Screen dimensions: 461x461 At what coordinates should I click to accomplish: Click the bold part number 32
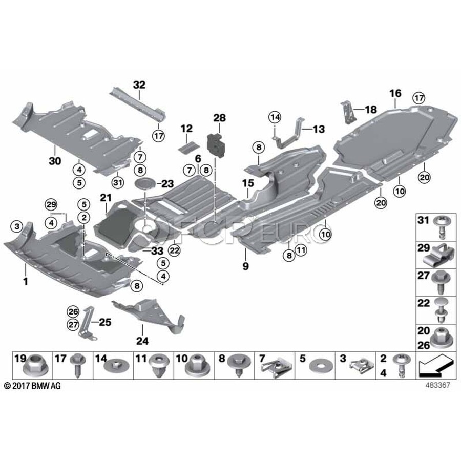coord(139,85)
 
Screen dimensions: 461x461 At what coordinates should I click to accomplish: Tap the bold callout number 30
coord(55,161)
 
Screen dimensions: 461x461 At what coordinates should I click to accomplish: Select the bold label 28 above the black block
coord(220,118)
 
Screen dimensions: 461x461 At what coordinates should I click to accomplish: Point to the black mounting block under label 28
coord(216,145)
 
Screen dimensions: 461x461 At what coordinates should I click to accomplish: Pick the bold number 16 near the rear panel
coord(395,93)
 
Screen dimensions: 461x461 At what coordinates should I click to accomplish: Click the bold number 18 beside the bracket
coord(371,110)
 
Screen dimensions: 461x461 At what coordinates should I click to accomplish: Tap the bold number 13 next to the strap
coord(319,129)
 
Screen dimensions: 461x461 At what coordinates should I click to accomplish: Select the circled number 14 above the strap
coord(275,117)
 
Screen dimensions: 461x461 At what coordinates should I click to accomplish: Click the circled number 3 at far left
coord(17,226)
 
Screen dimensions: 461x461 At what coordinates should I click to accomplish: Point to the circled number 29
coord(51,204)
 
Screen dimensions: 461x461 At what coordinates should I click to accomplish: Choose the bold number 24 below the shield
coord(142,341)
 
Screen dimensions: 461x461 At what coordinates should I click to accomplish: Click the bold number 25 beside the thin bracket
coord(105,322)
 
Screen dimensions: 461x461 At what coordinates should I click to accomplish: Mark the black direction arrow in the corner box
coord(435,365)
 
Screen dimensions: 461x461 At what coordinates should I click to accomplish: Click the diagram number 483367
coord(438,385)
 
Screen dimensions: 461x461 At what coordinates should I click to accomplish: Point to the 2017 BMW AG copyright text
coord(32,385)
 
